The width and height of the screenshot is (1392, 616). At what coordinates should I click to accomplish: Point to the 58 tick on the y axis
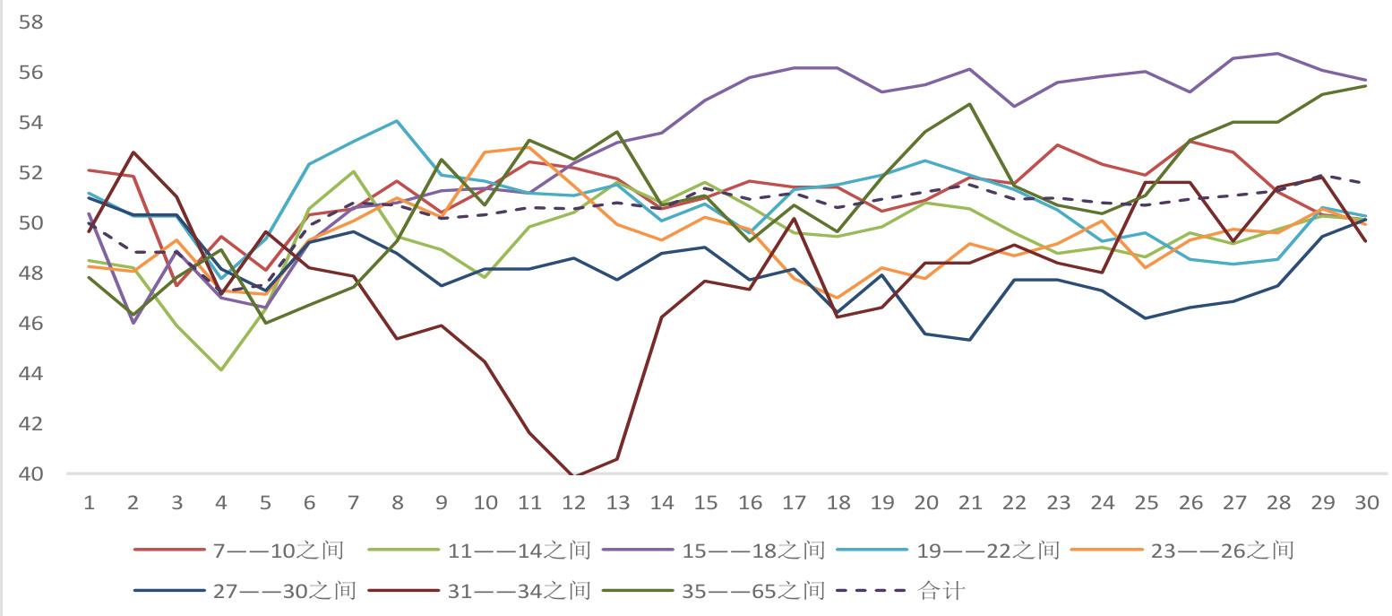(x=30, y=22)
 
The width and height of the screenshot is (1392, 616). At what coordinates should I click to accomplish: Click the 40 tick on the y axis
(x=30, y=473)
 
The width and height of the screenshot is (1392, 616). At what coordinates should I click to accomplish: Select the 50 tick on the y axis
(x=30, y=222)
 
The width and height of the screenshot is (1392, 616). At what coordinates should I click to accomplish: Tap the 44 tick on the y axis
(x=30, y=373)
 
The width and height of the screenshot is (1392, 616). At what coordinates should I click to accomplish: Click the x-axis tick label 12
(x=573, y=503)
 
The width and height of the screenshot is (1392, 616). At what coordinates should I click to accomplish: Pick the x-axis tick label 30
(x=1366, y=503)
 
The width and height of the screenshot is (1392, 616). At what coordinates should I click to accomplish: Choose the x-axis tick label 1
(x=90, y=503)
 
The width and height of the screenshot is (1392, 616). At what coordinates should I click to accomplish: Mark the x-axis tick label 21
(x=969, y=503)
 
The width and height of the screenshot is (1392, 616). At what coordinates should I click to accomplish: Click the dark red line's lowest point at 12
(x=573, y=476)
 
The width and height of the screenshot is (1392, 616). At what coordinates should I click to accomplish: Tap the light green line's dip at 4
(x=220, y=369)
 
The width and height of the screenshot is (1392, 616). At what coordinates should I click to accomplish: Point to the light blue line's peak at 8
(x=397, y=121)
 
